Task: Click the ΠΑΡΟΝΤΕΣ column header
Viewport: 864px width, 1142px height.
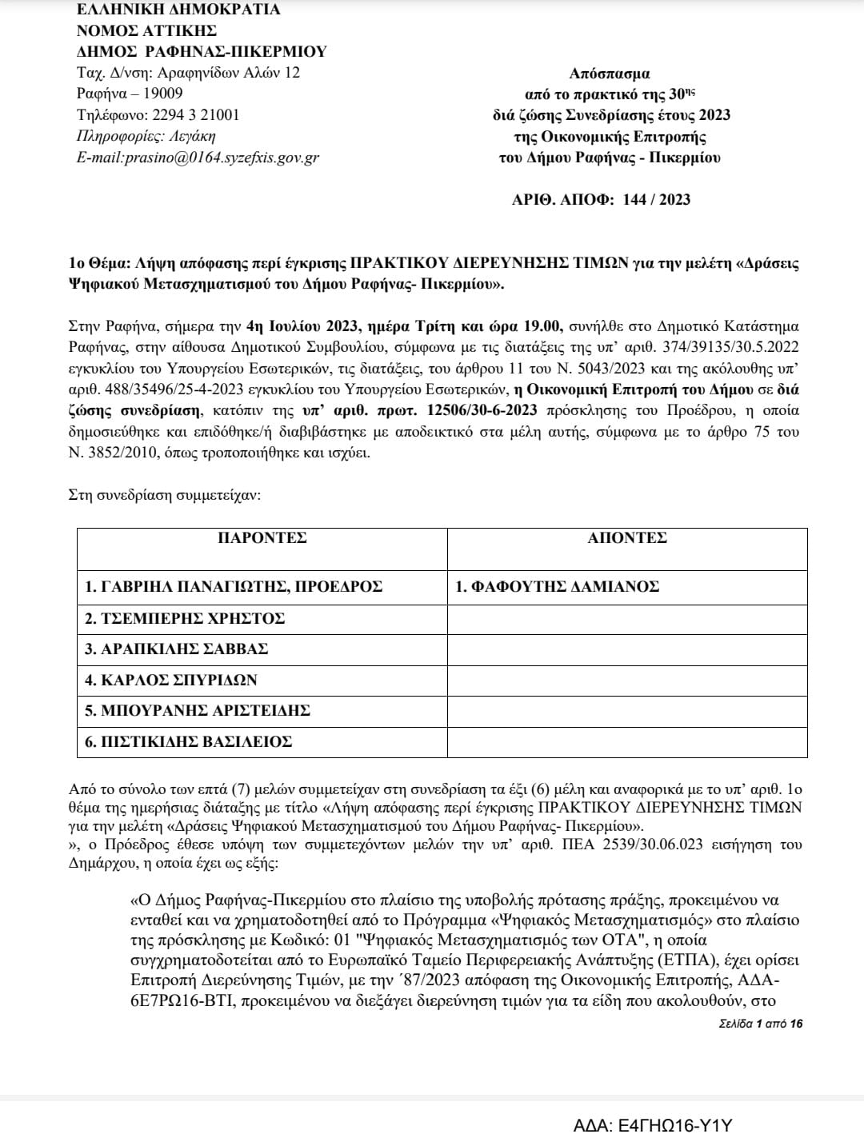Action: pyautogui.click(x=262, y=538)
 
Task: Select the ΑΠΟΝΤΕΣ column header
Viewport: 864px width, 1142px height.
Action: pyautogui.click(x=627, y=538)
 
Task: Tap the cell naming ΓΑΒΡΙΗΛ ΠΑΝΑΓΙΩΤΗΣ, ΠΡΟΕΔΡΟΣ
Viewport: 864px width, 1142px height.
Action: pyautogui.click(x=234, y=587)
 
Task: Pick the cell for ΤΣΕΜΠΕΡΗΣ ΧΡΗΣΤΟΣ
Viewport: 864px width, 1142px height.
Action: pyautogui.click(x=186, y=618)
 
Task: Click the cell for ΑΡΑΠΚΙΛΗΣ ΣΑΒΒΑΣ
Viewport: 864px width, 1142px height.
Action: pyautogui.click(x=177, y=649)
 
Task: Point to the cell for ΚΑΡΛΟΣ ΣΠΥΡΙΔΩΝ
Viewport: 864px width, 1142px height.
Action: pyautogui.click(x=171, y=680)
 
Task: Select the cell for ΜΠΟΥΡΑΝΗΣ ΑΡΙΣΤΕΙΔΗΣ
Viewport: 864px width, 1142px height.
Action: pyautogui.click(x=198, y=710)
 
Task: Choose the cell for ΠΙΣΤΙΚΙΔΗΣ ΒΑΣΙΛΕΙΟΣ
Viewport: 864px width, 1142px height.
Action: pyautogui.click(x=189, y=741)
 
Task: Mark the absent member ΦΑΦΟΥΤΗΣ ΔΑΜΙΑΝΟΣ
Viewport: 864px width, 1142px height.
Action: pyautogui.click(x=557, y=587)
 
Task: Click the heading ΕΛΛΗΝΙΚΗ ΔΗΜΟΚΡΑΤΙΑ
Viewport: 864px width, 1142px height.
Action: pyautogui.click(x=178, y=10)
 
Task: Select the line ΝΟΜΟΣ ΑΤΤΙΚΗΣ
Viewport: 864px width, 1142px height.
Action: pyautogui.click(x=146, y=31)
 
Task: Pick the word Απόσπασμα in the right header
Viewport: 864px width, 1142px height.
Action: pyautogui.click(x=610, y=74)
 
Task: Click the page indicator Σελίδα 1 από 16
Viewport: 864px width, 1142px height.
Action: pyautogui.click(x=761, y=1024)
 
